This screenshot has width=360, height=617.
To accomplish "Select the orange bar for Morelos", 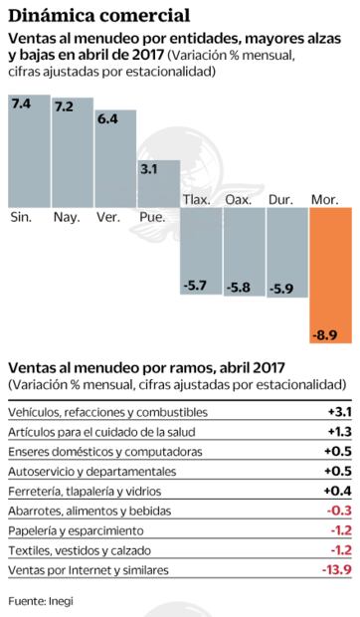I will [331, 274].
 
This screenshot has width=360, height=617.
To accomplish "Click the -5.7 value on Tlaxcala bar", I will [196, 287].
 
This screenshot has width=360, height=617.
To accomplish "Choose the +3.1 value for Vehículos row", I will [337, 411].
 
